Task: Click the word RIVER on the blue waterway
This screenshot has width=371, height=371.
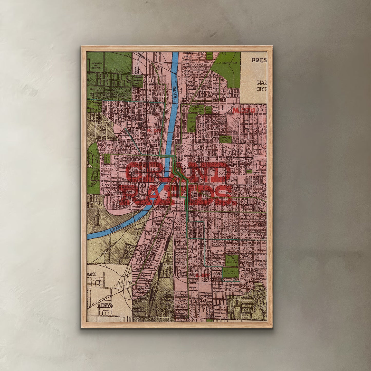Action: pyautogui.click(x=175, y=92)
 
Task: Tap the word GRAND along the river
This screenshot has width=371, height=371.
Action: pyautogui.click(x=116, y=227)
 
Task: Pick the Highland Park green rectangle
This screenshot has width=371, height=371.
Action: pyautogui.click(x=226, y=139)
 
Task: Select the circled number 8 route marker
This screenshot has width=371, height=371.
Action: pyautogui.click(x=130, y=283)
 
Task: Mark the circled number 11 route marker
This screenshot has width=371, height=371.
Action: pyautogui.click(x=224, y=80)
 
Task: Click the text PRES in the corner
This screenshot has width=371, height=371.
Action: pyautogui.click(x=259, y=60)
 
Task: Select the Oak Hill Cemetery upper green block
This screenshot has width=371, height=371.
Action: pyautogui.click(x=232, y=260)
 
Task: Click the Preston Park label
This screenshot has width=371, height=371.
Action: pyautogui.click(x=199, y=110)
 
